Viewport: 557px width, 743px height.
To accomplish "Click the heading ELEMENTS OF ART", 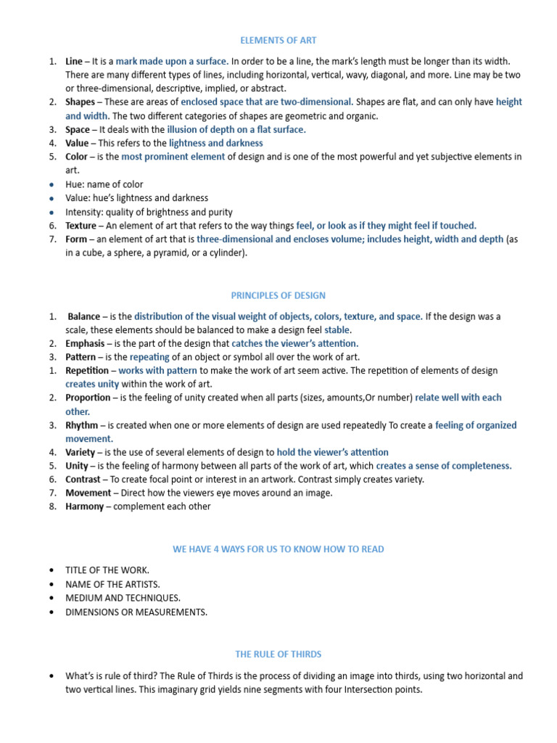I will coord(278,41).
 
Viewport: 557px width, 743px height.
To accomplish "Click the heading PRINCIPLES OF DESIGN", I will coord(278,295).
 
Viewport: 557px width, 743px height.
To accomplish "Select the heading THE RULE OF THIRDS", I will coord(278,654).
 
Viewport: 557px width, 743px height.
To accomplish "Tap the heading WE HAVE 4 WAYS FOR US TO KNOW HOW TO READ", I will coord(278,549).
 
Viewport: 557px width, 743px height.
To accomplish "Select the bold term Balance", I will coord(84,316).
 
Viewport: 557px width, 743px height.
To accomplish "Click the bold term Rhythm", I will coord(81,425).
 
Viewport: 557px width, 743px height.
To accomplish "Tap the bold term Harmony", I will coord(85,506).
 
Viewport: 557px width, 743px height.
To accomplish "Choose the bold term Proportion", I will coord(88,398).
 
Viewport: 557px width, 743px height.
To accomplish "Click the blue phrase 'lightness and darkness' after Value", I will coord(215,143).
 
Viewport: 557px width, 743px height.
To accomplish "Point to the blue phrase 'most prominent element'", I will coord(173,157).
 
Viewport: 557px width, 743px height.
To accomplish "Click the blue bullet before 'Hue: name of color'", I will coord(51,185).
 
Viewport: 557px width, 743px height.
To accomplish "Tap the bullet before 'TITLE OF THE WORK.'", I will coord(51,570).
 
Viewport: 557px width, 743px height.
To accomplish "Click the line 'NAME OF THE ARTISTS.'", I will coord(112,584).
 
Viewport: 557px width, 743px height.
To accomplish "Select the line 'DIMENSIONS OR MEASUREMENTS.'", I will coord(136,612).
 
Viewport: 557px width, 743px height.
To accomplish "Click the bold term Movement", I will coord(88,493).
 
